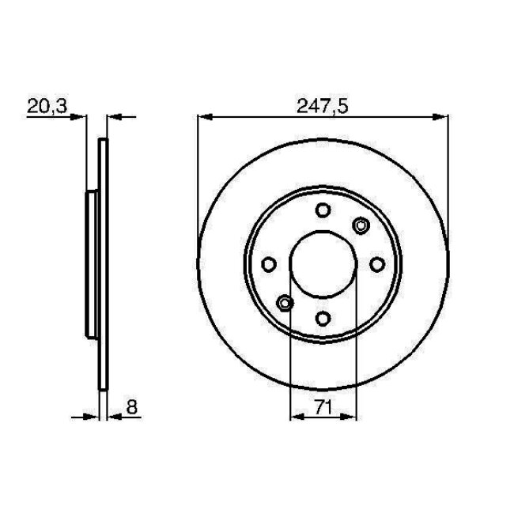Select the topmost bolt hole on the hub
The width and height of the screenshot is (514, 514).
[x=323, y=210]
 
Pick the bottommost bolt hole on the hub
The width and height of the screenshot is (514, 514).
[x=323, y=318]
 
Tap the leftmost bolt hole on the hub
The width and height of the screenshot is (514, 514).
[x=269, y=264]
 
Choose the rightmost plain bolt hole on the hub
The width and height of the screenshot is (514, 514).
[x=376, y=264]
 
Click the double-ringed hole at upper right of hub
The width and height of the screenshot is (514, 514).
[x=361, y=226]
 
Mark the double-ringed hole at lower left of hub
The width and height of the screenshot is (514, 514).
[x=285, y=302]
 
